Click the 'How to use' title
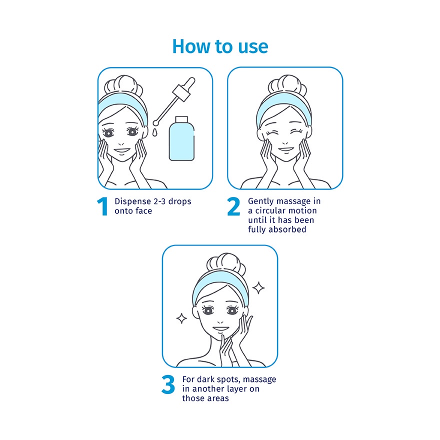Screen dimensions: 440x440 pyautogui.click(x=220, y=46)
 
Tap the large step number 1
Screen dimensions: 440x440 pyautogui.click(x=102, y=206)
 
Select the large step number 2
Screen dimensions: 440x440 pyautogui.click(x=233, y=206)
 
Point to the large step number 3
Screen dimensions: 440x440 pyautogui.click(x=168, y=384)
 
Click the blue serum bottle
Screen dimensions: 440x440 pyautogui.click(x=181, y=139)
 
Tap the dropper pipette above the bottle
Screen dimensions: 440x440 pyautogui.click(x=174, y=101)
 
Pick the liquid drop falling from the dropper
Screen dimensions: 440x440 pyautogui.click(x=154, y=132)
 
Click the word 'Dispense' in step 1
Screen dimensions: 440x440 pyautogui.click(x=132, y=201)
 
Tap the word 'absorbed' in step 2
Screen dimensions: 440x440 pyautogui.click(x=287, y=229)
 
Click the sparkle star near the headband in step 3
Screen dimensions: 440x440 pyautogui.click(x=258, y=288)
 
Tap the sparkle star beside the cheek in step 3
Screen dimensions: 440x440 pyautogui.click(x=181, y=318)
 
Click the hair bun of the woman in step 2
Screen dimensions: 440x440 pyautogui.click(x=287, y=84)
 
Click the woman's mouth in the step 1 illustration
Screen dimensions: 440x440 pyautogui.click(x=122, y=150)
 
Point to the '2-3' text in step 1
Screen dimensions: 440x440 pyautogui.click(x=159, y=201)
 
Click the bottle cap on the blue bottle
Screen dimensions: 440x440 pyautogui.click(x=181, y=119)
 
